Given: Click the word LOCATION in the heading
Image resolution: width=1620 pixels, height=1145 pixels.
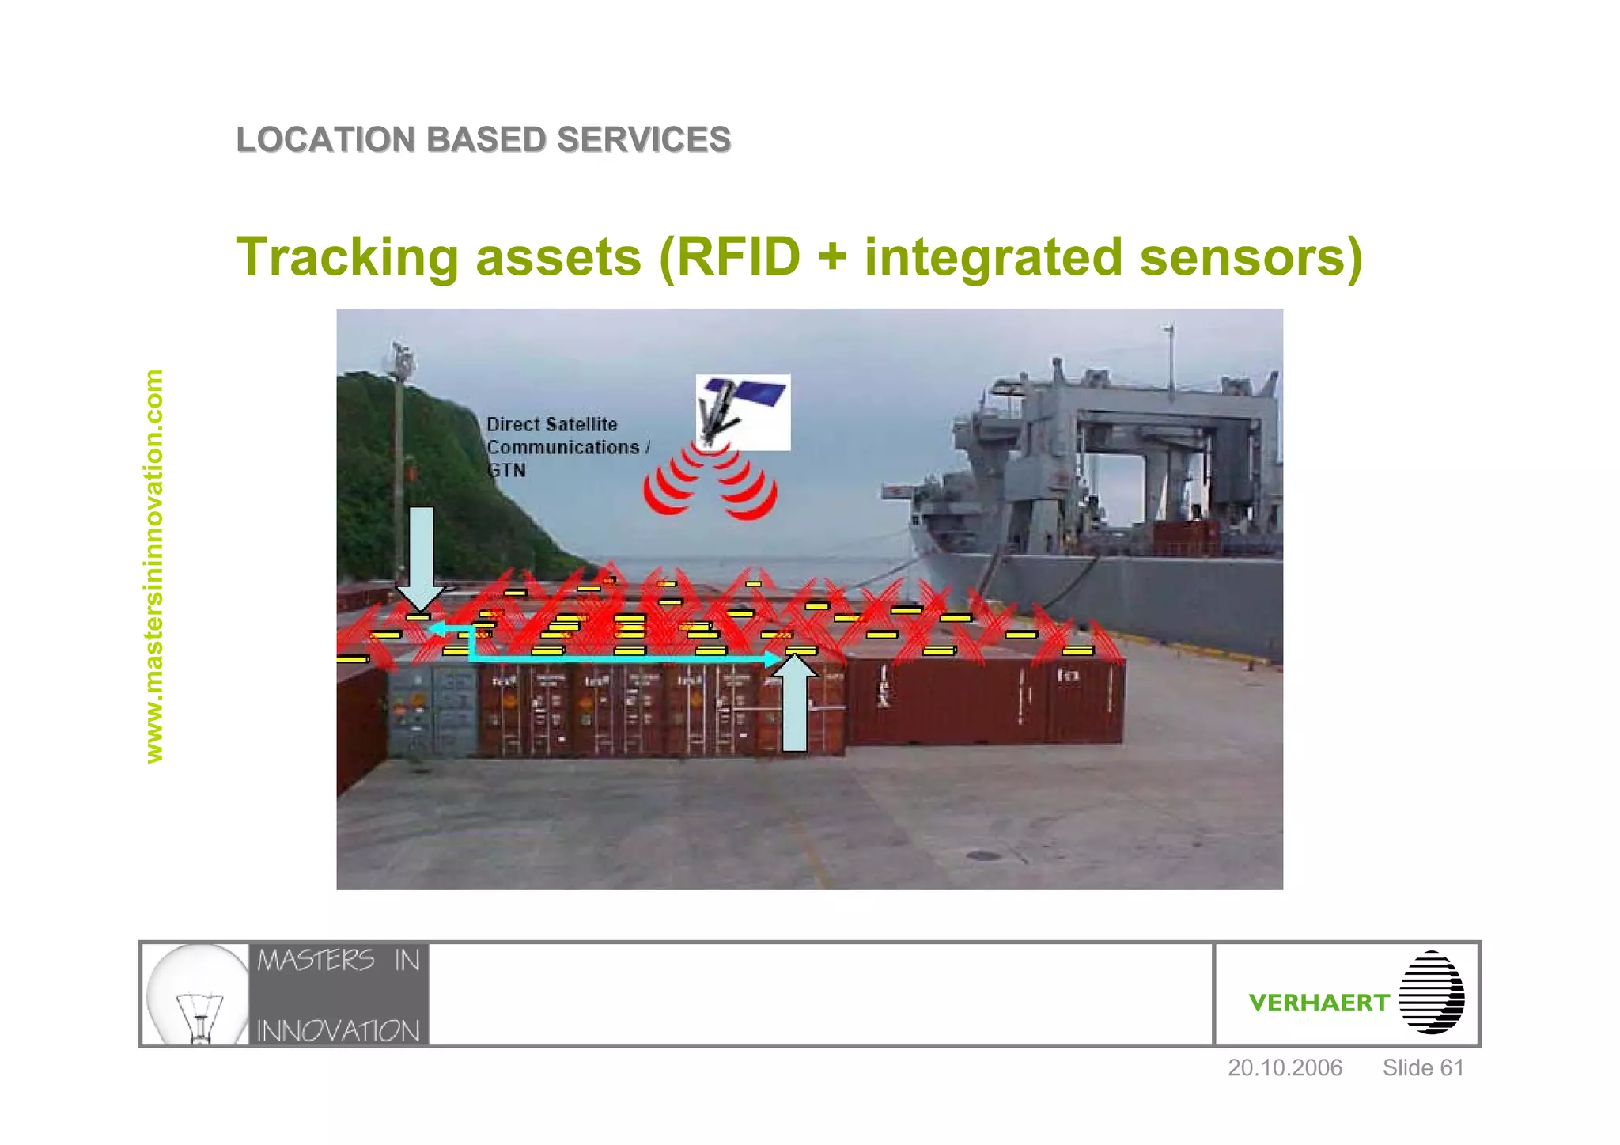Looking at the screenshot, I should pyautogui.click(x=326, y=140).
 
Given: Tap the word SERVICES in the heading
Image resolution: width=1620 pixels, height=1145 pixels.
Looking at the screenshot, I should pyautogui.click(x=643, y=140).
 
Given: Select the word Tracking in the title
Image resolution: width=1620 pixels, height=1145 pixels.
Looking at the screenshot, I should pyautogui.click(x=348, y=257).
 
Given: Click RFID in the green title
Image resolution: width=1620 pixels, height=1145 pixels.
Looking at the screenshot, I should pyautogui.click(x=740, y=257).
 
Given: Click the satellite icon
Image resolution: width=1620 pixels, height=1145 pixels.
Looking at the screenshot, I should pyautogui.click(x=743, y=411).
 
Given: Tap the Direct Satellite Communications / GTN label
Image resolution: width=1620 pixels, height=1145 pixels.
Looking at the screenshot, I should pyautogui.click(x=566, y=447).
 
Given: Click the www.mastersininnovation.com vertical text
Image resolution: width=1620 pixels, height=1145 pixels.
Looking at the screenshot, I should pyautogui.click(x=154, y=566).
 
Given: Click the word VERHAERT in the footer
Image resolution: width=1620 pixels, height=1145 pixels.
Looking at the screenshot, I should pyautogui.click(x=1319, y=1003).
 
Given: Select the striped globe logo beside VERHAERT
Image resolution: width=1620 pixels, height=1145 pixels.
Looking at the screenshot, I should pyautogui.click(x=1432, y=992).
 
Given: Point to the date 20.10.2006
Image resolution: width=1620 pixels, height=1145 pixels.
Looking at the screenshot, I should pyautogui.click(x=1285, y=1067).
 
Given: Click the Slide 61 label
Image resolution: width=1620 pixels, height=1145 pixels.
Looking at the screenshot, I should pyautogui.click(x=1423, y=1067).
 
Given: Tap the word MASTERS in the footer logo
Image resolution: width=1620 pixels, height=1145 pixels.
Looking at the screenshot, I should pyautogui.click(x=316, y=961).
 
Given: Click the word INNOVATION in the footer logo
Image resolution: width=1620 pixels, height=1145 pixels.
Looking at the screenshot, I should pyautogui.click(x=339, y=1030).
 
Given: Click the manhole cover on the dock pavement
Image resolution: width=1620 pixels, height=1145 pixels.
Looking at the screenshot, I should pyautogui.click(x=982, y=855).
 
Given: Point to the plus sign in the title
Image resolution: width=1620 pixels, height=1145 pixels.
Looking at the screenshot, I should pyautogui.click(x=831, y=259).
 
